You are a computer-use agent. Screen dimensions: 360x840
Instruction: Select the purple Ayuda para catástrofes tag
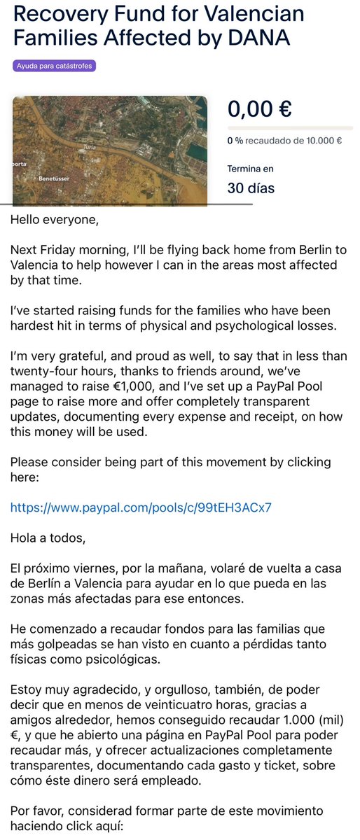pyautogui.click(x=54, y=66)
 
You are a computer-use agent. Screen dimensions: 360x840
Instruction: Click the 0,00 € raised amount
pyautogui.click(x=259, y=109)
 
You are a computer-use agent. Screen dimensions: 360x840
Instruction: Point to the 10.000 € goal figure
pyautogui.click(x=323, y=140)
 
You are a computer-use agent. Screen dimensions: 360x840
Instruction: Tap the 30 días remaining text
pyautogui.click(x=251, y=188)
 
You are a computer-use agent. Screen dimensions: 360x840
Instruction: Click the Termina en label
pyautogui.click(x=250, y=169)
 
